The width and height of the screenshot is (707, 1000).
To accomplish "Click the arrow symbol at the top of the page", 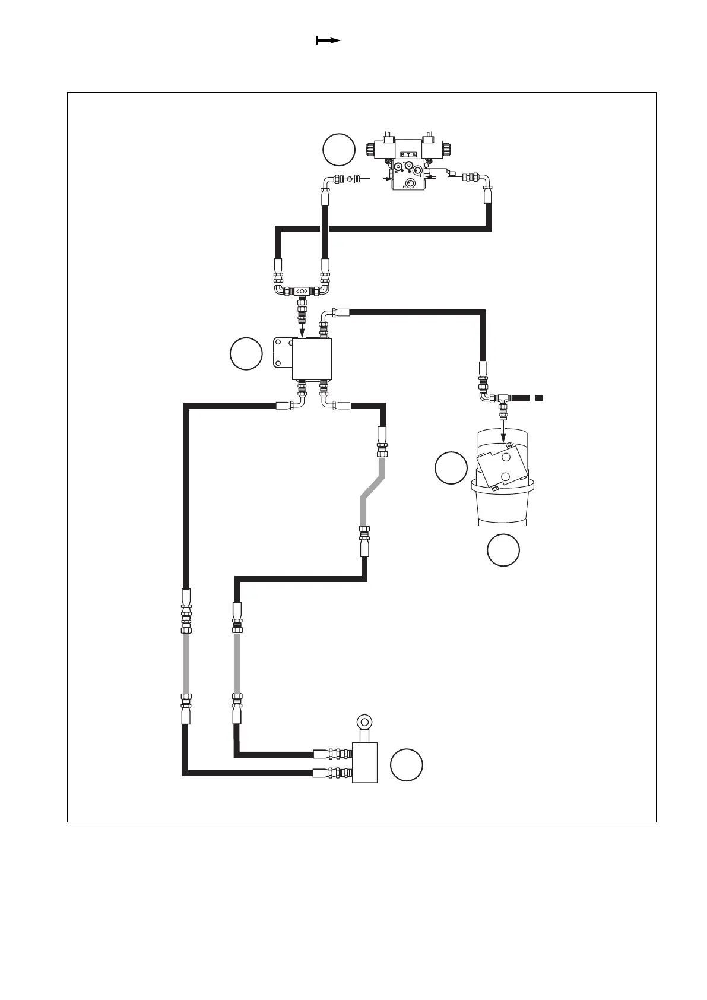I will coord(327,40).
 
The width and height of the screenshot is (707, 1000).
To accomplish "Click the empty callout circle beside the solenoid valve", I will coord(339,150).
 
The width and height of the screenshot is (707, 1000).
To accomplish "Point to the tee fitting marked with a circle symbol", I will coord(301,291).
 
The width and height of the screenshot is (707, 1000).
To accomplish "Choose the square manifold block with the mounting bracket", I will coord(312,359).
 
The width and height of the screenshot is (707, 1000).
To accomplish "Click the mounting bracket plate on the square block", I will coord(281,354).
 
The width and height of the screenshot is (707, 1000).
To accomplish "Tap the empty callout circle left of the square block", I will coord(246,354).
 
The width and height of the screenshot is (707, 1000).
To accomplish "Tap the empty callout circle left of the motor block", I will coord(451,467).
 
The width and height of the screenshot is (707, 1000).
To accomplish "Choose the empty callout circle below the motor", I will coord(503,550).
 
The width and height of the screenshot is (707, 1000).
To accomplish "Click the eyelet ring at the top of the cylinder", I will coord(363,723).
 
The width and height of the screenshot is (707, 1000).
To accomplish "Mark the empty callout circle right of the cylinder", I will coord(407,765).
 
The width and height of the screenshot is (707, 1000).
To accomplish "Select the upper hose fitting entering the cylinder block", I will coord(332,755).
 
